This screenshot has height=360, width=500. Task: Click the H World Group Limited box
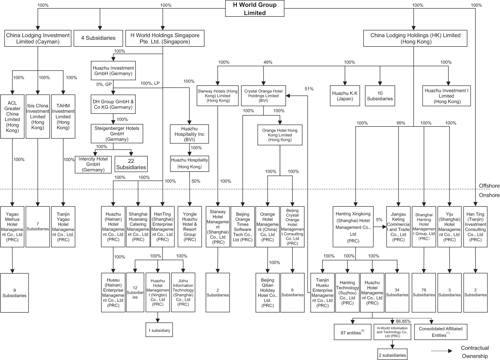pos(255,9)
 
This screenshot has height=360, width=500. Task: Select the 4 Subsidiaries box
pos(98,38)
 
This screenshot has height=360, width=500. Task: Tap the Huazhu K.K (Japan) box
pos(345,96)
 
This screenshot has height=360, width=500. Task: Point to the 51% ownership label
pos(309,89)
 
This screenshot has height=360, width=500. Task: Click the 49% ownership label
pos(268,62)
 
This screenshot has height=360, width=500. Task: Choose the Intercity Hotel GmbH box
pos(93,164)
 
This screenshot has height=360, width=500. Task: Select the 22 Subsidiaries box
pos(131,164)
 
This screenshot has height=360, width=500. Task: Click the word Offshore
pos(489,186)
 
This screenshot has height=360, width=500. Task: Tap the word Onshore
pos(489,195)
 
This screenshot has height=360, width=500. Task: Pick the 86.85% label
pos(403,321)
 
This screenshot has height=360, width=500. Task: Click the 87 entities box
pos(352,332)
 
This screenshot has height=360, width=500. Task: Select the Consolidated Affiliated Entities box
pos(440,332)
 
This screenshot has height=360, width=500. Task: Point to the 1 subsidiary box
pos(159,330)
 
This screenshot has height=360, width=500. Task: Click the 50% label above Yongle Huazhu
pos(196,181)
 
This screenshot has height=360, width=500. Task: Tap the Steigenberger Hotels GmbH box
pos(117,134)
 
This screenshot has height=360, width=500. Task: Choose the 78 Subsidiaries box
pos(424,293)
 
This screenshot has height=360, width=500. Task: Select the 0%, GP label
pos(104,84)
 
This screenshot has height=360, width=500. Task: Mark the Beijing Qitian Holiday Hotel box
pos(267,293)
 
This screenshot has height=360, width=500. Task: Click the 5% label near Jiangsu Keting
pos(379,220)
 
